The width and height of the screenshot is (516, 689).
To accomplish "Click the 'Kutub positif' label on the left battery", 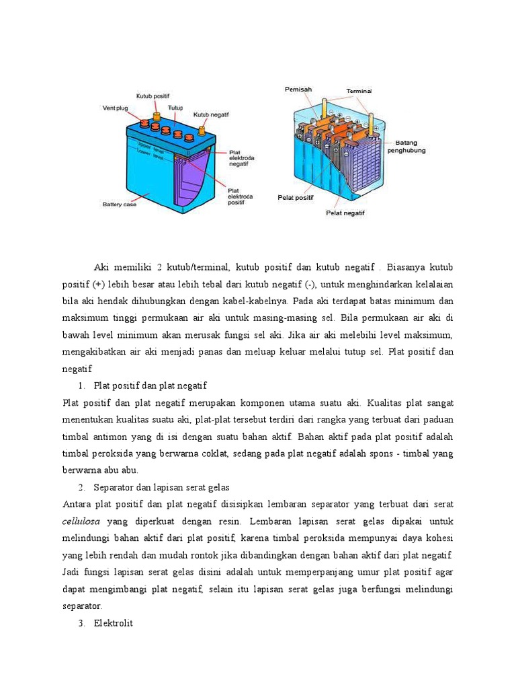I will pos(153,96).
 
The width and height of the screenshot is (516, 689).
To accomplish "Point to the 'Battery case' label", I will pos(119,205).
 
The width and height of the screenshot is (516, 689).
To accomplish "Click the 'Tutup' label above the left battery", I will pos(175,108).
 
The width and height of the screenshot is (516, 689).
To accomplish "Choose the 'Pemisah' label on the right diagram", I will pos(298,89).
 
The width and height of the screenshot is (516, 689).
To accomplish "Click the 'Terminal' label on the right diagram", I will pos(359,90).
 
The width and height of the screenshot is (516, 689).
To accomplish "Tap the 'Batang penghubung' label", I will pos(410,147).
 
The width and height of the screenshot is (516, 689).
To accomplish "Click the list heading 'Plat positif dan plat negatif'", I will pos(150,386).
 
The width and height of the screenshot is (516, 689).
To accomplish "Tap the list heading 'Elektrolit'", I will pos(114,623).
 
